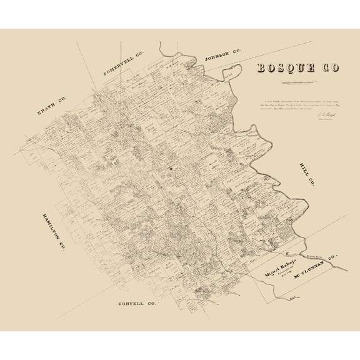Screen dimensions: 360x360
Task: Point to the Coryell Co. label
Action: [137, 303]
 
